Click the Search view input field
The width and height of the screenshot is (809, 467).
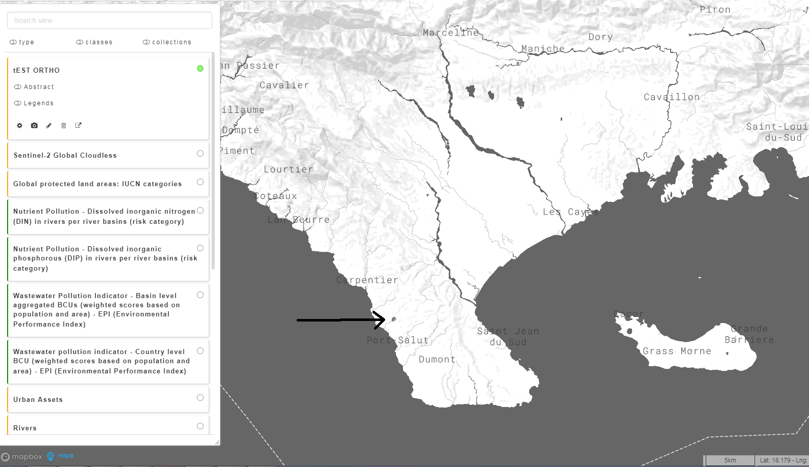109,20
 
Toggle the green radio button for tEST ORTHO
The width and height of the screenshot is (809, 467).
200,68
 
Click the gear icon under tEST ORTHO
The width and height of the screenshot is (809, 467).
19,125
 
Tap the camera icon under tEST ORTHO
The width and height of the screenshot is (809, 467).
34,125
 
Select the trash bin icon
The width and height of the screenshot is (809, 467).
64,125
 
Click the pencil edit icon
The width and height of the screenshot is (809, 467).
49,125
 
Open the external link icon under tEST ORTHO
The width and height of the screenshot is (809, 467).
78,125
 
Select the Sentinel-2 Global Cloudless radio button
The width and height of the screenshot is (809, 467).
200,154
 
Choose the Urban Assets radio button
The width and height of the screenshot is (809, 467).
200,398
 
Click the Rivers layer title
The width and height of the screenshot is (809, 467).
25,428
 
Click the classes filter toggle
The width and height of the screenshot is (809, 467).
94,42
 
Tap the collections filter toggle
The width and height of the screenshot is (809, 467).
167,42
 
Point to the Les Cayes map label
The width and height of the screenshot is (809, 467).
570,212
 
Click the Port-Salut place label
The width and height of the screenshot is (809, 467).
397,340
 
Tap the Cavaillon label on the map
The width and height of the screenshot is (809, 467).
672,97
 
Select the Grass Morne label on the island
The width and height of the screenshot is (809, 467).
677,351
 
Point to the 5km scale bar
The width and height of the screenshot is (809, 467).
730,460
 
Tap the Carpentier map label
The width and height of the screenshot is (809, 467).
367,280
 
